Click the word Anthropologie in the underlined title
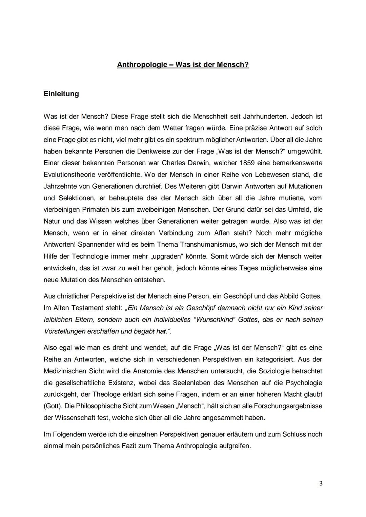(142, 64)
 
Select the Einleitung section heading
(61, 94)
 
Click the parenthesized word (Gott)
(53, 406)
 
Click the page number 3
(321, 483)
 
